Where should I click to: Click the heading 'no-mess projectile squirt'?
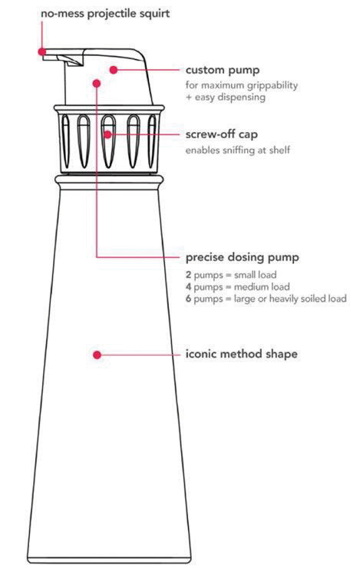105,15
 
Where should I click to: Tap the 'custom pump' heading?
222,70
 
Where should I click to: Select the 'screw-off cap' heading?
221,134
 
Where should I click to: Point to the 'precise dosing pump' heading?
242,257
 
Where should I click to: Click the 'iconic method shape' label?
241,354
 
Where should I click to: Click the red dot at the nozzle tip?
42,51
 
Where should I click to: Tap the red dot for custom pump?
114,69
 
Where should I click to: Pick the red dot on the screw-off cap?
107,134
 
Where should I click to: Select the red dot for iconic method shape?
97,355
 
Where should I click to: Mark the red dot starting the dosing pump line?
97,84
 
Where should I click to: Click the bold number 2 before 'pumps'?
188,275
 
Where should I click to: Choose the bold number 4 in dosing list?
188,287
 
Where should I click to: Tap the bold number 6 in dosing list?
188,299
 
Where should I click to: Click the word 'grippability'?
272,86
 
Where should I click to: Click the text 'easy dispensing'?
230,97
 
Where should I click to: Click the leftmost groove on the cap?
65,141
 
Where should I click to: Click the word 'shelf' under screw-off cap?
279,150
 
